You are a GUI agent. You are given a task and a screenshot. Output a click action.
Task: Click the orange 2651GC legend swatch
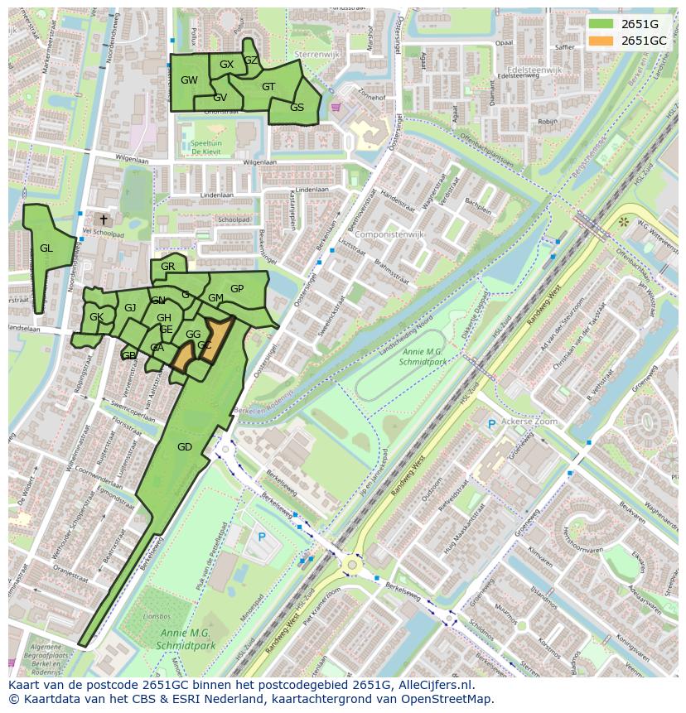601,41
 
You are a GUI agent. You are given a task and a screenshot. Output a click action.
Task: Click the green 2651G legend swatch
601,24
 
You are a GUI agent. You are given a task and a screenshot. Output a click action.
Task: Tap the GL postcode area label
46,248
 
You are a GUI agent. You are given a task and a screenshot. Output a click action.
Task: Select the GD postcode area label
184,447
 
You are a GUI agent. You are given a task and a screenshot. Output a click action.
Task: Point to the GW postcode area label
189,80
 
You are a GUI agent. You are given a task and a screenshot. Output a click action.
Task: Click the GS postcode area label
297,108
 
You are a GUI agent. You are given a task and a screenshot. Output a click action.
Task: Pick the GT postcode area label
268,87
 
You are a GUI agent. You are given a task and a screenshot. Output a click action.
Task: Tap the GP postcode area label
237,289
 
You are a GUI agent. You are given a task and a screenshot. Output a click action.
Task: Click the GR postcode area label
168,267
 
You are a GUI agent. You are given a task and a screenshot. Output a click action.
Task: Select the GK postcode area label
96,317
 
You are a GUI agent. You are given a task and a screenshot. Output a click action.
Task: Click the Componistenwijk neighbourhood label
386,235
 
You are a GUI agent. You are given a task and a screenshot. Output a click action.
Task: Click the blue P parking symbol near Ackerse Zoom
491,424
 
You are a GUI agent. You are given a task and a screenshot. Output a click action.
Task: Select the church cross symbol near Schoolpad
103,219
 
